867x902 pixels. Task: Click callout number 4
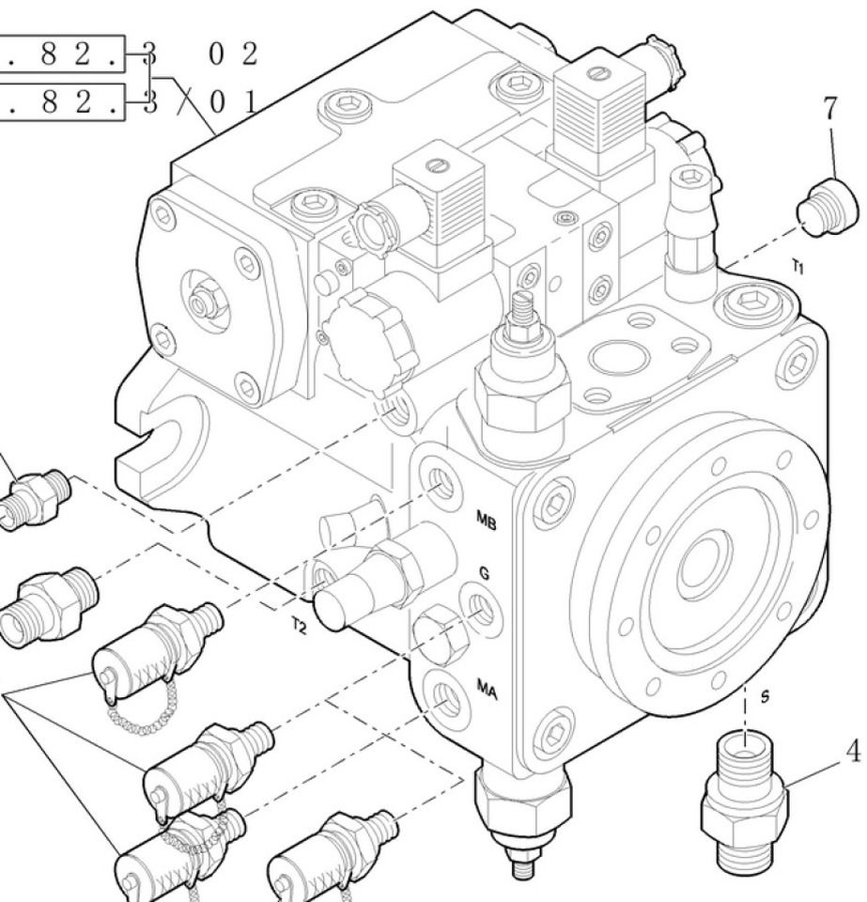853,753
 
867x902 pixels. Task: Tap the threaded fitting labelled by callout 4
744,791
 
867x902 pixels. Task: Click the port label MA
487,690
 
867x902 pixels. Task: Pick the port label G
484,572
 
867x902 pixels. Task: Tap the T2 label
298,625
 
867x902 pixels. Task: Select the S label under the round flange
765,697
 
